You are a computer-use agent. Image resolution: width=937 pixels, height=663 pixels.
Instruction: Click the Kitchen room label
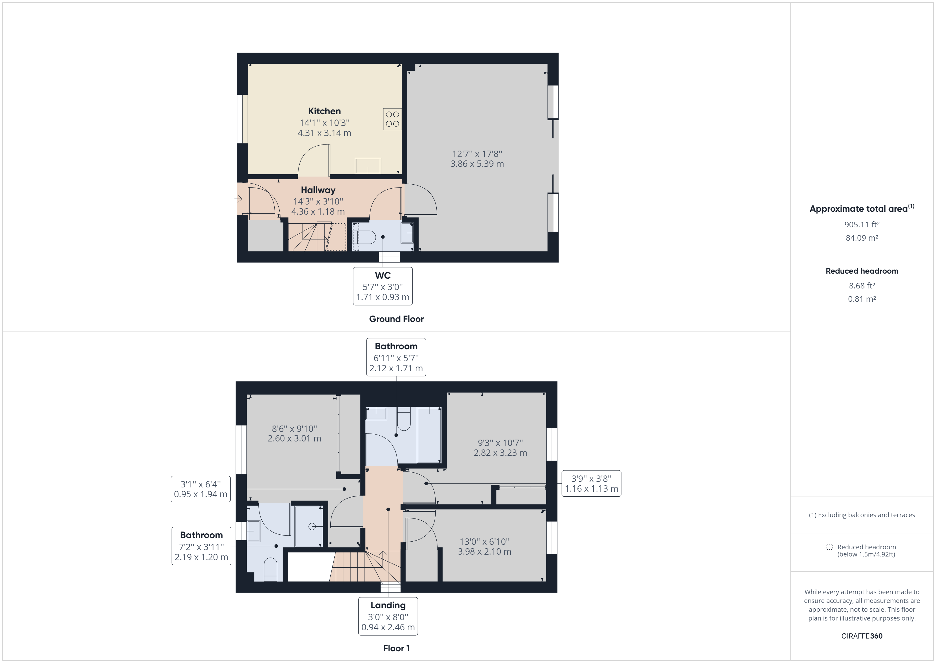[325, 111]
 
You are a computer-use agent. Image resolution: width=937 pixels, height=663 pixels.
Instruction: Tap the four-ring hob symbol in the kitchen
[392, 119]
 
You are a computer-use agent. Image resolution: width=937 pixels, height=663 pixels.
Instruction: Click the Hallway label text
[318, 190]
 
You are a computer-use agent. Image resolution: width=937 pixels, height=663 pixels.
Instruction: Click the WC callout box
[382, 286]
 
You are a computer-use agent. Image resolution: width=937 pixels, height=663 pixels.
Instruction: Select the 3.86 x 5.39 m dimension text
[477, 164]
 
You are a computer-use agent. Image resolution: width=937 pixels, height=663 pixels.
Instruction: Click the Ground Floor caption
[396, 319]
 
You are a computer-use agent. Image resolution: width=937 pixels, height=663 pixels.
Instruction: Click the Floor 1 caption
[396, 648]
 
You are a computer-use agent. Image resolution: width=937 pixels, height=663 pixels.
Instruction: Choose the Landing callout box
[388, 616]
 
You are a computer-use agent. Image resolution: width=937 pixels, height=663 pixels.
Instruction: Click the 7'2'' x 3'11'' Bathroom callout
[201, 546]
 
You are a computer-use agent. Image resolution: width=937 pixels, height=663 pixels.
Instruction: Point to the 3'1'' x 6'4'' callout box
[200, 489]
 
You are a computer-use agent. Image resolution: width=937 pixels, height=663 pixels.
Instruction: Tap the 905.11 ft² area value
[862, 224]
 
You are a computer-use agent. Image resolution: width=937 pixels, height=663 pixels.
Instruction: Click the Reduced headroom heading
[862, 271]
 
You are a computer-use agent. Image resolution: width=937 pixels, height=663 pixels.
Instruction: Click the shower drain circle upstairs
[312, 527]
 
